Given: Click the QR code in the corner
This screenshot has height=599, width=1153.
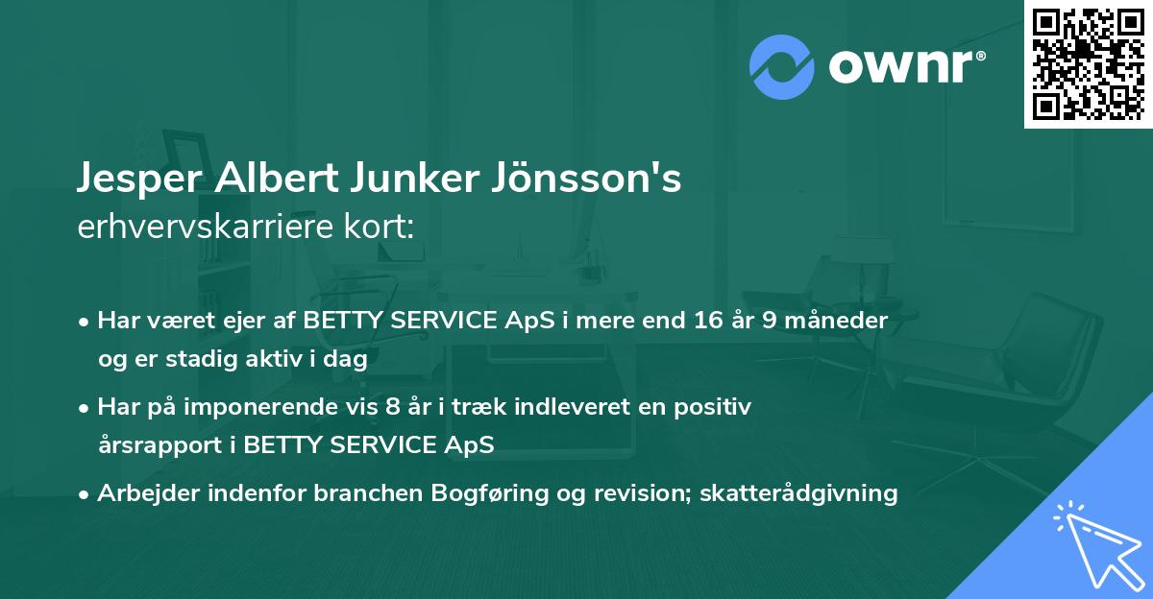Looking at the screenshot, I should [x=1088, y=64].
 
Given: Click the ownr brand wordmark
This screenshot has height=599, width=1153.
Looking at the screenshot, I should [x=906, y=65].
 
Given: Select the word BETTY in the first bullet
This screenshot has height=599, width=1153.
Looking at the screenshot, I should [x=341, y=321].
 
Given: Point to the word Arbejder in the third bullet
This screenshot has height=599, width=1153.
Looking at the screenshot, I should [x=144, y=493].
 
